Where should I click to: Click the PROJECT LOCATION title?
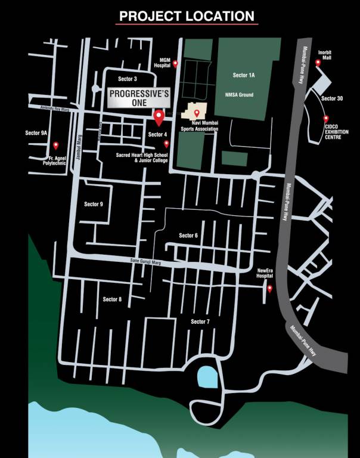coord(187,16)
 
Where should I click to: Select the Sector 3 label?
coord(128,79)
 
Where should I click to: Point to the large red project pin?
coord(159,117)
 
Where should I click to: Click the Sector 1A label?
coord(244,75)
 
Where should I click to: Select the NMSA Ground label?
coord(243,95)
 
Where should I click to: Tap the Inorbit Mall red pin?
coord(318,62)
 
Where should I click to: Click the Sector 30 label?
coord(332,98)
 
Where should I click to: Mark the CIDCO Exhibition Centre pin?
coord(326,118)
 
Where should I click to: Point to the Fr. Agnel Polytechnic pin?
coord(56,145)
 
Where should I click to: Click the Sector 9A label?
coord(36,133)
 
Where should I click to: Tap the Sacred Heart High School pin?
coord(166,144)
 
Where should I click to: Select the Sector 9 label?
coord(94,204)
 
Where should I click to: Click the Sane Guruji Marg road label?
coord(147,261)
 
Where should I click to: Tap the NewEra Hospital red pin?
coord(269,289)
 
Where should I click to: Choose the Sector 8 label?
coord(112,299)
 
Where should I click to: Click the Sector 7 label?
coord(200,321)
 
